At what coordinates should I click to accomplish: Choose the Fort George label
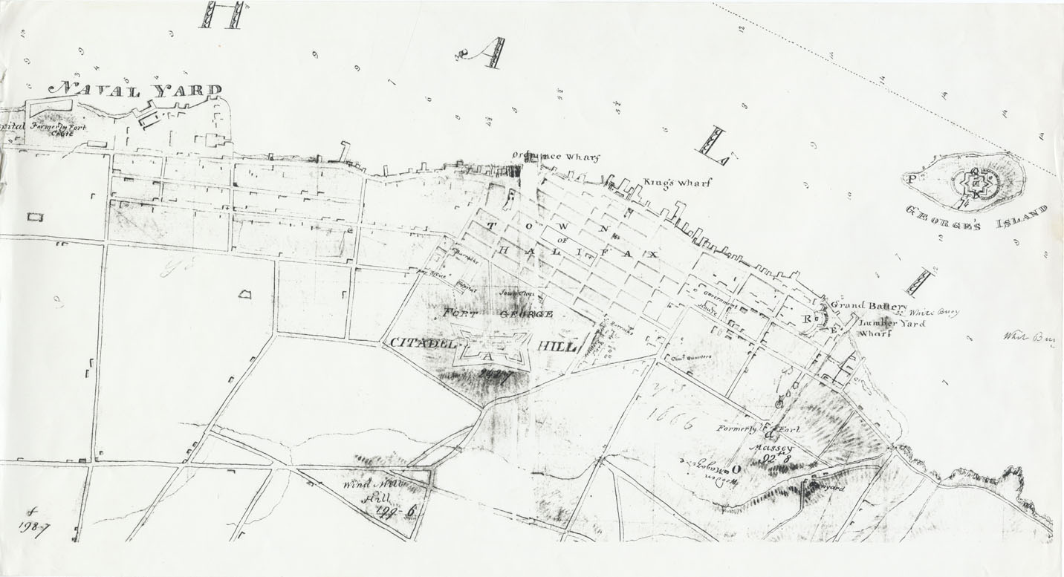(x=498, y=314)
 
